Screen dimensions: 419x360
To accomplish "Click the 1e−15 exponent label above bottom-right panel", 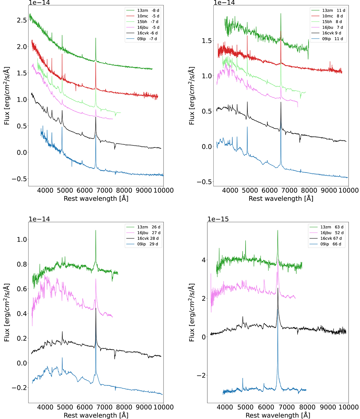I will click(x=218, y=219).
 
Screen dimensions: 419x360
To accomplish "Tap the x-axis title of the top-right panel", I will click(x=281, y=198).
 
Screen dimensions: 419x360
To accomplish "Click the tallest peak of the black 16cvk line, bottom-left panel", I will click(x=96, y=308).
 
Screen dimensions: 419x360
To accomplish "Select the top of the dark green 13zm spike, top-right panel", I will click(x=281, y=14).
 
